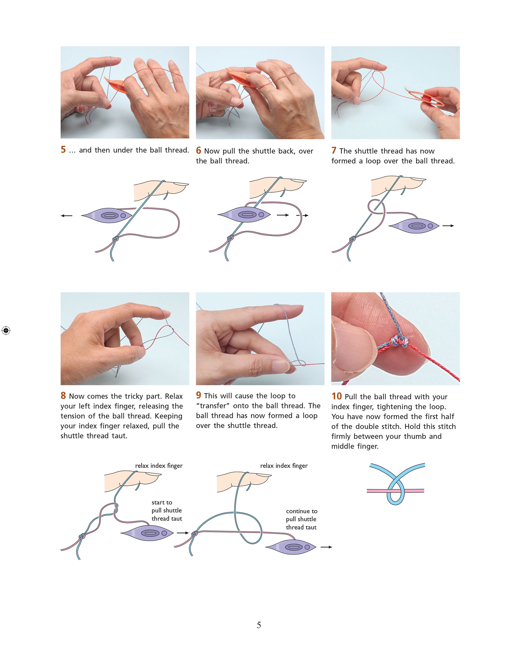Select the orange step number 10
(336, 396)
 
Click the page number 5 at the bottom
(259, 625)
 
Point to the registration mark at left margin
(6, 330)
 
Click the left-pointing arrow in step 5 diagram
(66, 215)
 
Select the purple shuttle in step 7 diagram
(414, 226)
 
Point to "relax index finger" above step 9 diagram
(284, 466)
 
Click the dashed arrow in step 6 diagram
(302, 215)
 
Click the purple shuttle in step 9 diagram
(291, 547)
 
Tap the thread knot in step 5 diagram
(115, 239)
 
